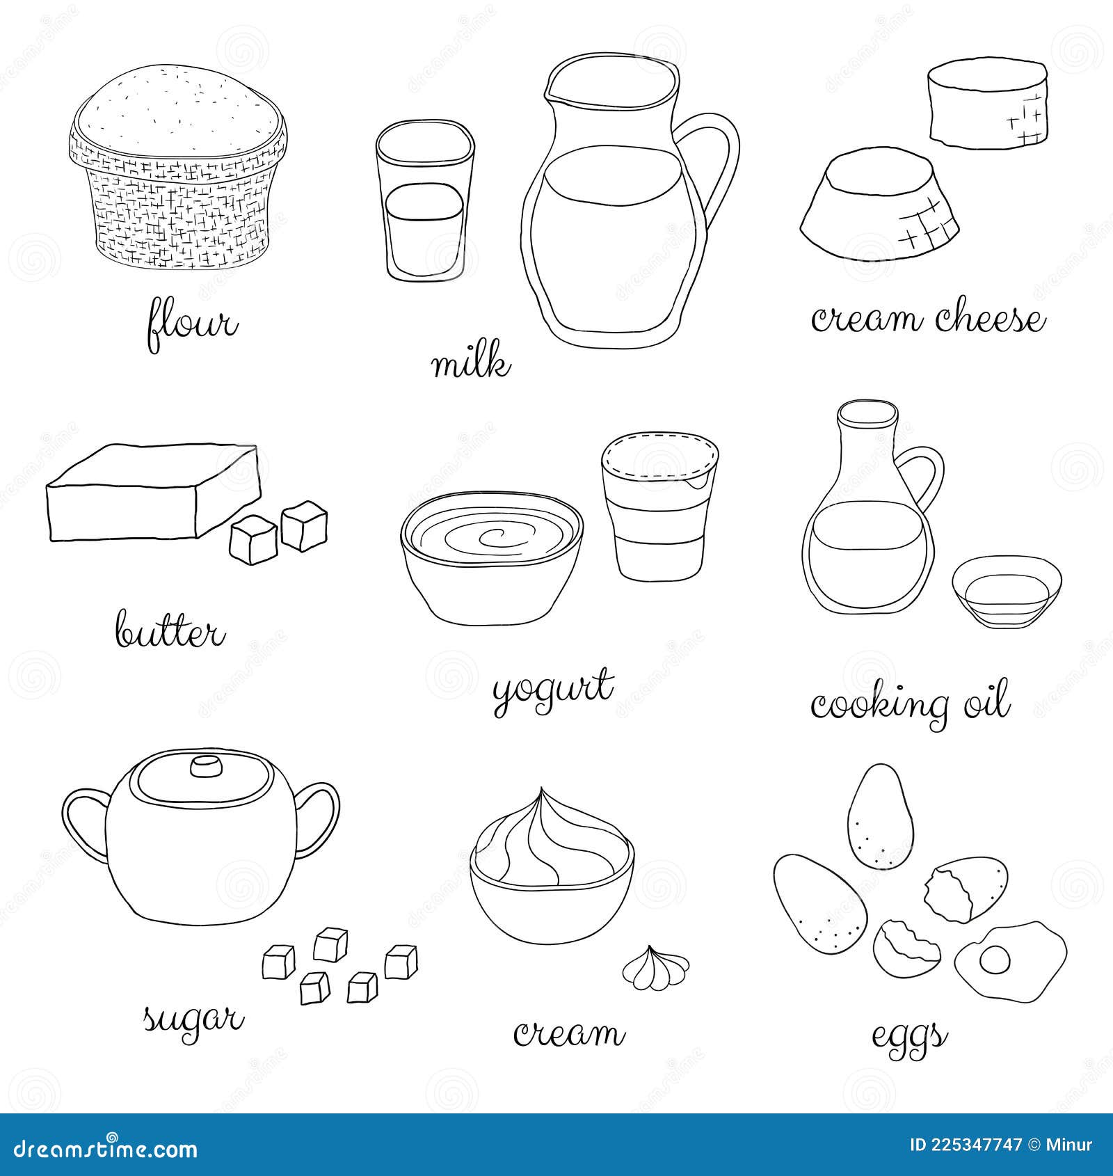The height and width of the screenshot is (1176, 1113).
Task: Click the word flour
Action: click(192, 326)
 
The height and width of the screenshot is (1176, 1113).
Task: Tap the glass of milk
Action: click(424, 202)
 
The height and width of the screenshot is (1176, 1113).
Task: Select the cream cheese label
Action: click(928, 320)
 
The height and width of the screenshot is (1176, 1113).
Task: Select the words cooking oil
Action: click(909, 704)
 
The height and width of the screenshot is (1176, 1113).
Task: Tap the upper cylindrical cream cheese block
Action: click(986, 104)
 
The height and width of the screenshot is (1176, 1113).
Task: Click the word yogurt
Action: click(553, 689)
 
